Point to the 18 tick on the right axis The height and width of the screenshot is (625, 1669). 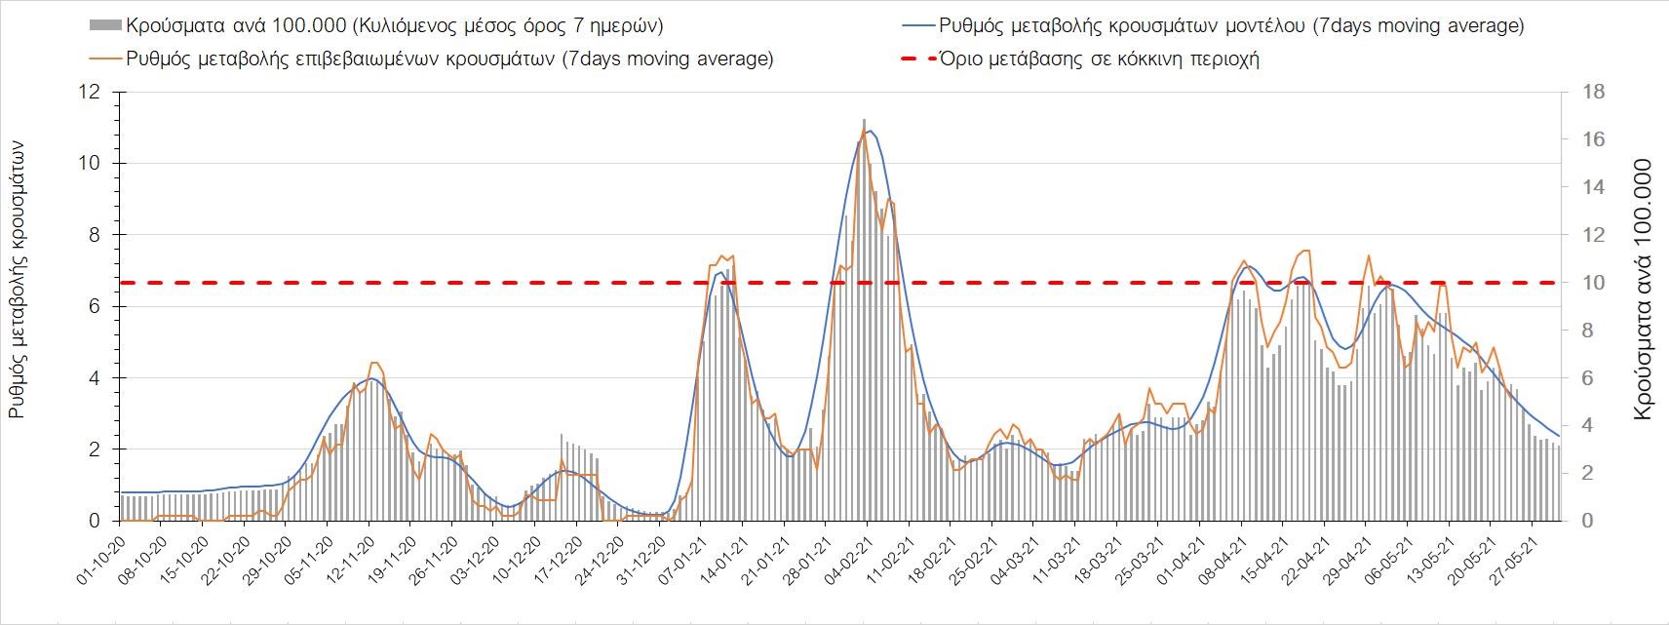[x=1585, y=93]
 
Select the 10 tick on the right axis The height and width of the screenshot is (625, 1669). [x=1585, y=283]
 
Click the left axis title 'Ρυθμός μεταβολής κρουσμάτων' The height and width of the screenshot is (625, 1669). [x=17, y=279]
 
